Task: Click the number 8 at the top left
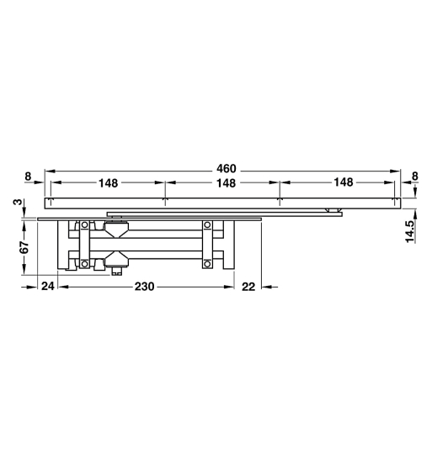28,177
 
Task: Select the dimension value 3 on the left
16,203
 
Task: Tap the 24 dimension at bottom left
47,287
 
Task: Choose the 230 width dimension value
144,287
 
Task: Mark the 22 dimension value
248,287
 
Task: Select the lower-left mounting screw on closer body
84,265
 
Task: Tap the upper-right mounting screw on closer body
207,224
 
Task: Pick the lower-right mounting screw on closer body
207,265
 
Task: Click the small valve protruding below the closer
117,272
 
